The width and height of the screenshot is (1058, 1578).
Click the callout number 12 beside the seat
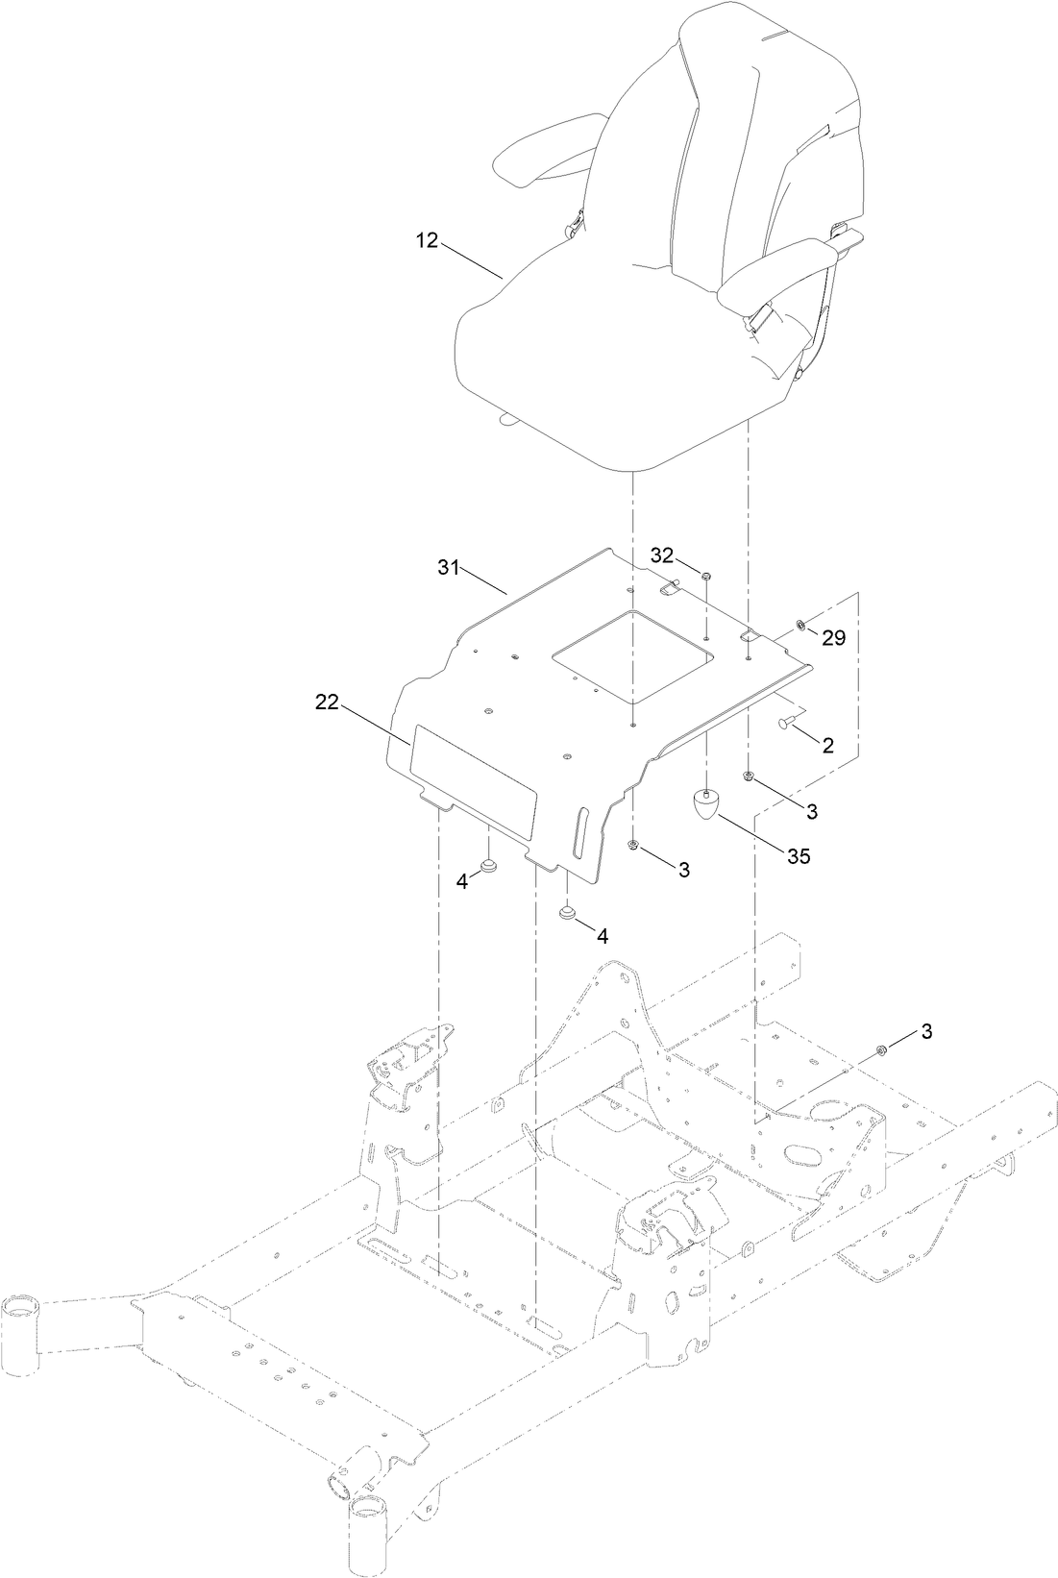point(426,240)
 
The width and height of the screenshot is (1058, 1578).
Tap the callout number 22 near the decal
point(327,703)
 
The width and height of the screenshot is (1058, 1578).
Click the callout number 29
point(833,637)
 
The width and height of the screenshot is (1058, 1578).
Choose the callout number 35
point(799,855)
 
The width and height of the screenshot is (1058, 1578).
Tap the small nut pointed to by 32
point(705,576)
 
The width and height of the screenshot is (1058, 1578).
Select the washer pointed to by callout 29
point(800,627)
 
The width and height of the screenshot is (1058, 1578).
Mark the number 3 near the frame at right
point(926,1031)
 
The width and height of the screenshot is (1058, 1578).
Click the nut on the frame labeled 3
point(881,1048)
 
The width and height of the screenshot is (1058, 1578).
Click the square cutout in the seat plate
point(634,655)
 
